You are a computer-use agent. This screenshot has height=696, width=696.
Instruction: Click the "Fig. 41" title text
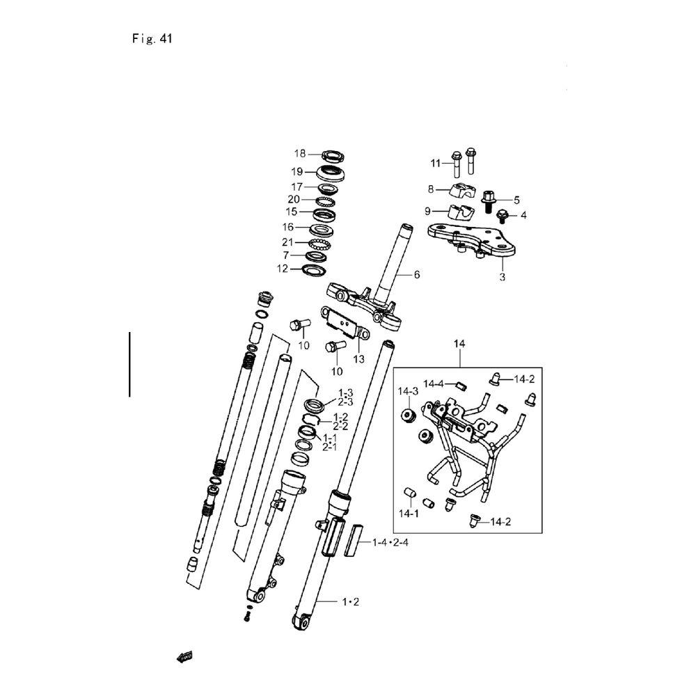coord(151,39)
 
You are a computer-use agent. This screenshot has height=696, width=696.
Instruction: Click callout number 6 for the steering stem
coord(417,275)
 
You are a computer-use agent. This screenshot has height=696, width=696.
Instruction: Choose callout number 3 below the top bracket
coord(503,276)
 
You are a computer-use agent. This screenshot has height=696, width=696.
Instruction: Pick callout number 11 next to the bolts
coord(436,164)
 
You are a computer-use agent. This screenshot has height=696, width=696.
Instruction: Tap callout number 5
coord(516,199)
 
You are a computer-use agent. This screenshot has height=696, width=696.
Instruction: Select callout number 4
coord(523,215)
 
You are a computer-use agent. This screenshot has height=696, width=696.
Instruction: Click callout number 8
coord(431,189)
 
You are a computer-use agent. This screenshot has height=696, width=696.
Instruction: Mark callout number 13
coord(358,359)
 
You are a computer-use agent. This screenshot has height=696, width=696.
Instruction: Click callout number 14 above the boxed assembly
coord(459,344)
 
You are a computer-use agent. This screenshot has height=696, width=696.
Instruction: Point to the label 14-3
coord(408,391)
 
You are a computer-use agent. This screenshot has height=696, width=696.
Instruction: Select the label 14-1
coord(408,514)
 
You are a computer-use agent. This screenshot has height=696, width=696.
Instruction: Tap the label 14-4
coord(434,383)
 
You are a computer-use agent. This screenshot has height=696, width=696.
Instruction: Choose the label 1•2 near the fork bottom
coord(349,600)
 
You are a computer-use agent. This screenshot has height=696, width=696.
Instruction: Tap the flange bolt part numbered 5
coord(488,199)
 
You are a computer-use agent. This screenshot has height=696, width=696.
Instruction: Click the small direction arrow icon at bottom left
coord(185,656)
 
